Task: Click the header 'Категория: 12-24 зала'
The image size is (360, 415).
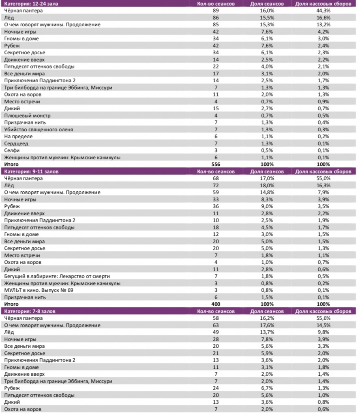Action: pos(31,4)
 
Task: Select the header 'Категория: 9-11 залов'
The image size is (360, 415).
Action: pos(31,171)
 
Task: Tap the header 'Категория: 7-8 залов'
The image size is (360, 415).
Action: pos(30,311)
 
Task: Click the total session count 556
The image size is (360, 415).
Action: pos(215,165)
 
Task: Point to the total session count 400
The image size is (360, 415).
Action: pos(215,304)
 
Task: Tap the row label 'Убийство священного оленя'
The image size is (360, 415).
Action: pos(39,129)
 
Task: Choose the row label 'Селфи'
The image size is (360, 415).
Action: pos(12,150)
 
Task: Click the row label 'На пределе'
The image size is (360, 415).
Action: pos(18,137)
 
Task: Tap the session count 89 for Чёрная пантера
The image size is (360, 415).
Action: pos(215,11)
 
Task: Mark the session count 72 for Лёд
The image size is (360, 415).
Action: pos(215,185)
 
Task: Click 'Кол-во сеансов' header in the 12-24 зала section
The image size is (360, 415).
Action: pos(215,4)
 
